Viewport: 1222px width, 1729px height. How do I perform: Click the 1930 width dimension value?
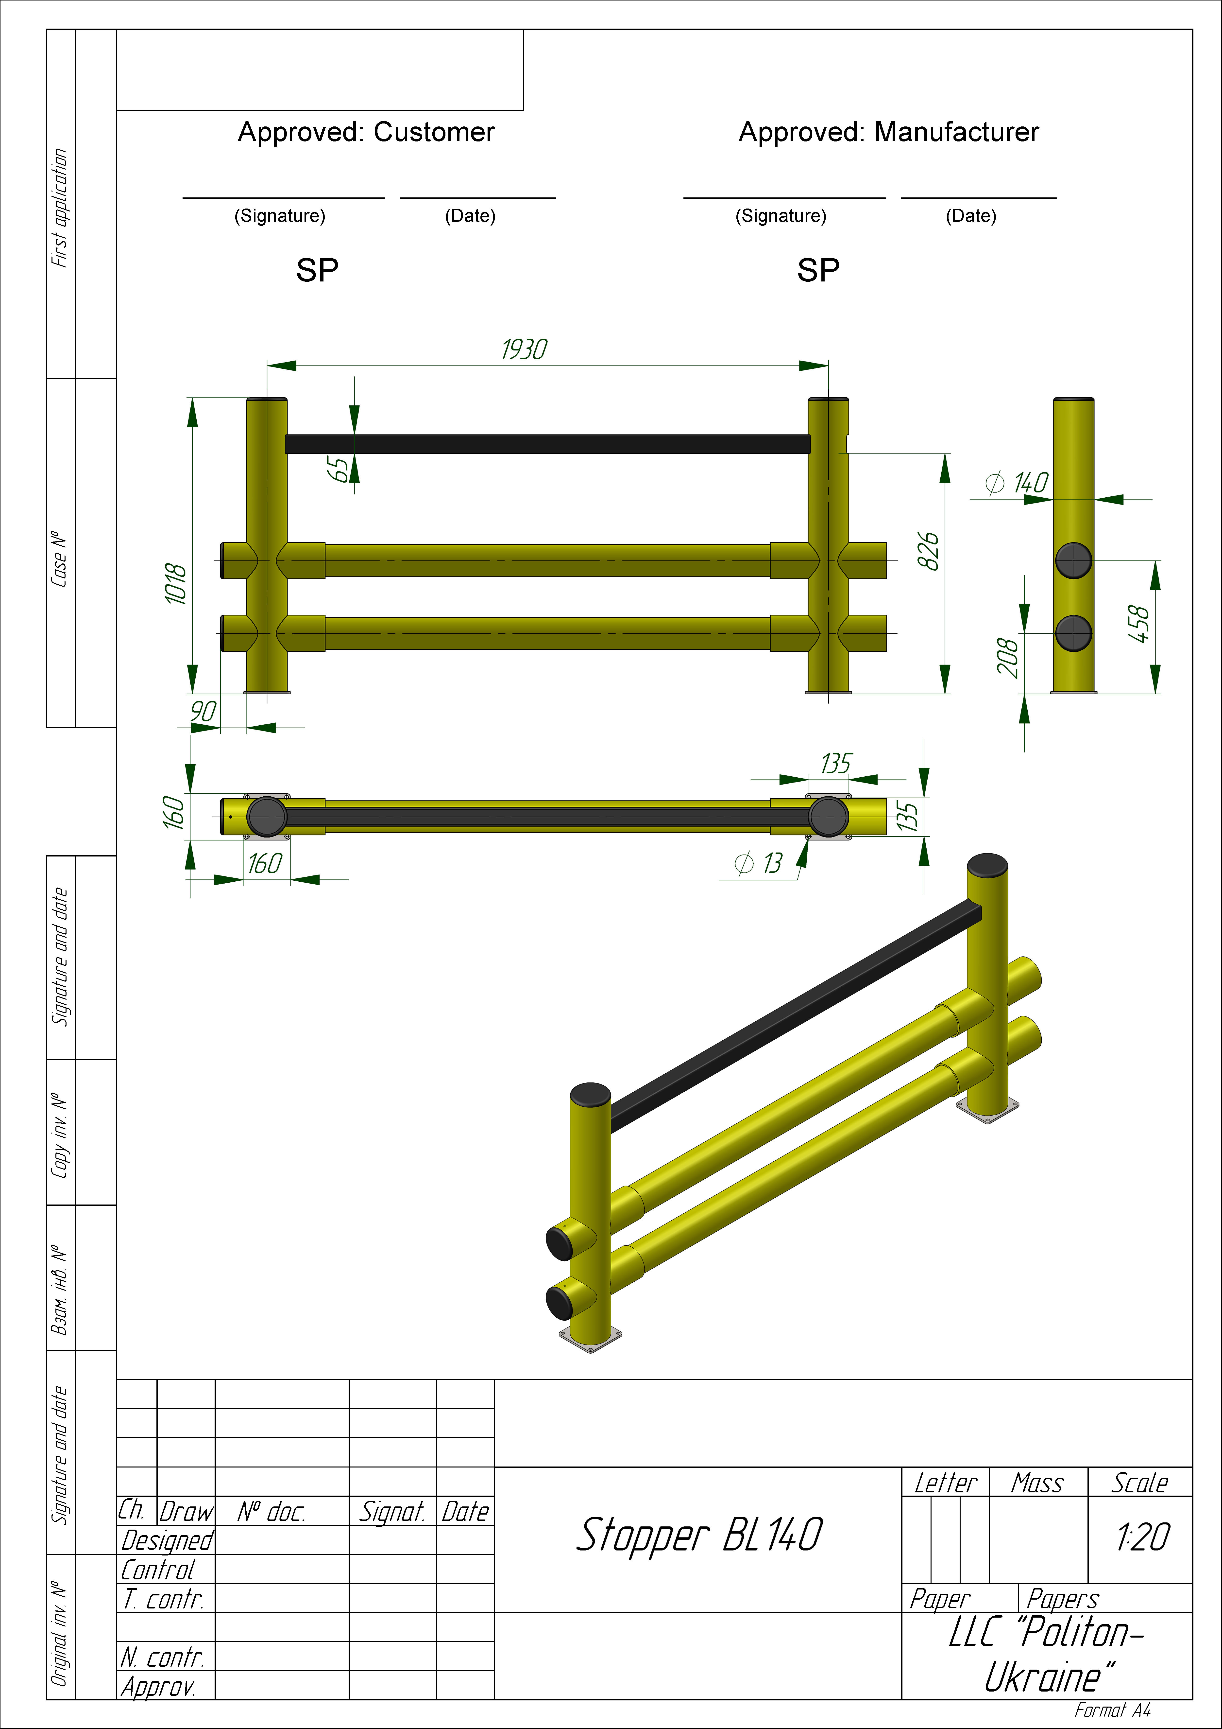[524, 349]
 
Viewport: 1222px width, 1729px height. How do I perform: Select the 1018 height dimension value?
[175, 584]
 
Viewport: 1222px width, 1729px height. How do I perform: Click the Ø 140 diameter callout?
[1017, 483]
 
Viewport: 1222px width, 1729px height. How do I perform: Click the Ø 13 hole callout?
[759, 863]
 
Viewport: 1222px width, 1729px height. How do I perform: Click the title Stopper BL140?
[699, 1536]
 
